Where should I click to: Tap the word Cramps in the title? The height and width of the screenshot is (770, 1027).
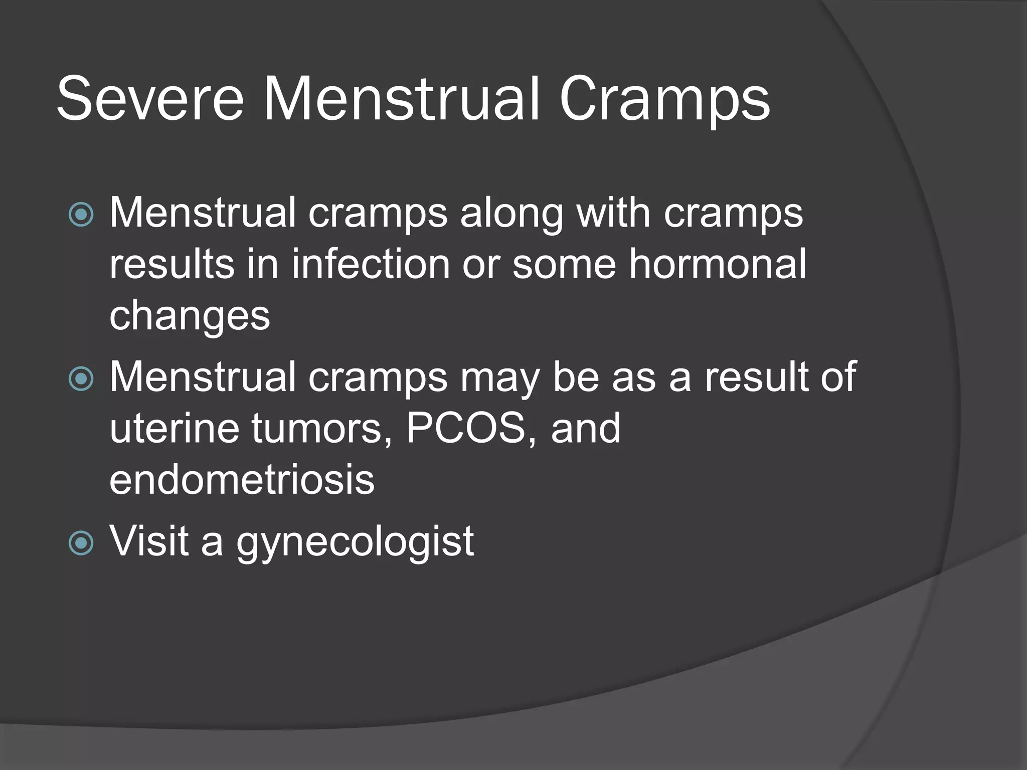pos(664,100)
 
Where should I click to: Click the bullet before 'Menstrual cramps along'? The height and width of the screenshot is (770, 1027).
pos(81,214)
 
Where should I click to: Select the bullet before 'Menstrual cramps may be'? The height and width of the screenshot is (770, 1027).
pos(81,378)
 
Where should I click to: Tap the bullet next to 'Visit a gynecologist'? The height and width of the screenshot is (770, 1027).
pos(81,542)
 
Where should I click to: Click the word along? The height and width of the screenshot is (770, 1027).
pos(512,214)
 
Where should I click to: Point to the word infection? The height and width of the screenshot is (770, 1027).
pos(371,264)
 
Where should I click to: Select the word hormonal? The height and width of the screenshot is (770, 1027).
pos(718,264)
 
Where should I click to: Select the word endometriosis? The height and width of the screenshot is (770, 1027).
pos(242,480)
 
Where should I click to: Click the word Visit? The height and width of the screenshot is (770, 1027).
pos(149,541)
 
